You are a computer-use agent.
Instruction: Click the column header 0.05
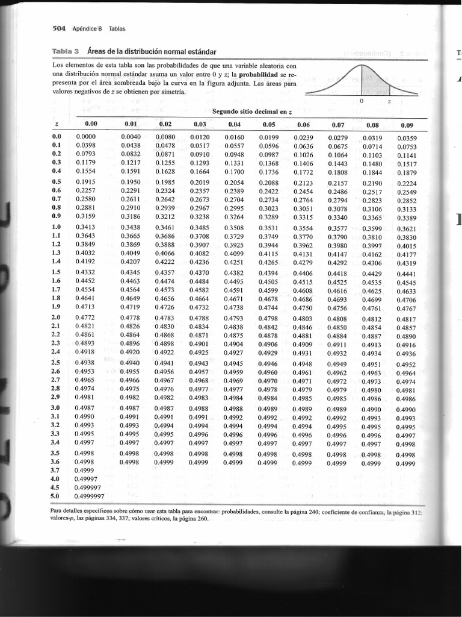point(269,125)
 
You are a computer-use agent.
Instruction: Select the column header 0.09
point(407,125)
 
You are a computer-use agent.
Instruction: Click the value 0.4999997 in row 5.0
point(89,496)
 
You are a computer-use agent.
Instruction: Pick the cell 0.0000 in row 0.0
point(87,137)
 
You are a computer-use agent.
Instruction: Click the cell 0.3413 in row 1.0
point(87,227)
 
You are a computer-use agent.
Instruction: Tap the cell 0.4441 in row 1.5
point(407,274)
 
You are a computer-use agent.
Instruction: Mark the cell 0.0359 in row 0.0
point(407,138)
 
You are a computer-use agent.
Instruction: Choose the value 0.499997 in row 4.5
point(88,487)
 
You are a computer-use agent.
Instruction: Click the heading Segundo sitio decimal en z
point(252,111)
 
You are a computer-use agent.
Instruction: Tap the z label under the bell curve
point(389,101)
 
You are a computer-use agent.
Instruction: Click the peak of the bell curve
point(360,65)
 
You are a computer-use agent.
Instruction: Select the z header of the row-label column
point(56,125)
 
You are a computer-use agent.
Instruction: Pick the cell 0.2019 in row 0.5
point(199,183)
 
